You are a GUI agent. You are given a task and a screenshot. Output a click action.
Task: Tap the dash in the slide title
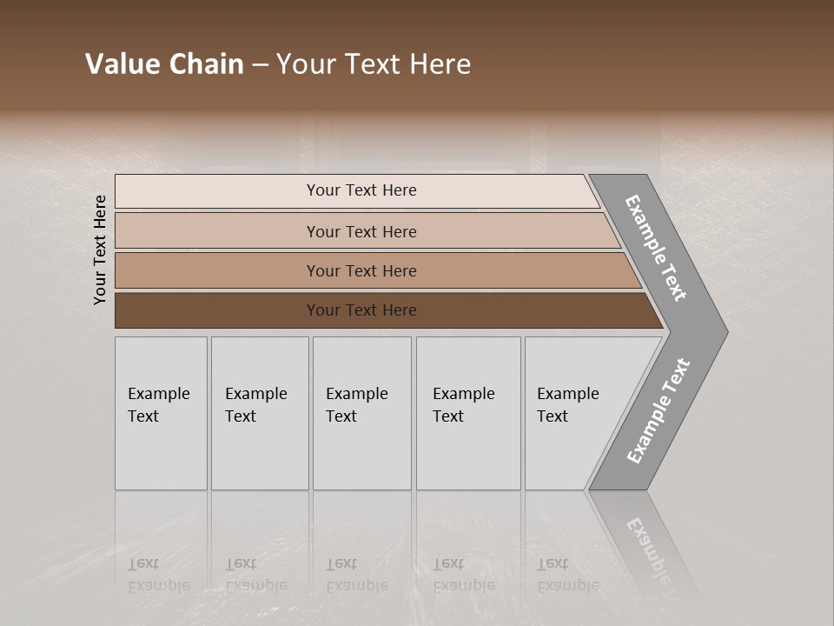[x=260, y=65]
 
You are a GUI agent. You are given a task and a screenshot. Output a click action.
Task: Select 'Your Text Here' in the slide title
[x=374, y=64]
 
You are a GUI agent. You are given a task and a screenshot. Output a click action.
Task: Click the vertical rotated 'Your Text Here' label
[x=100, y=250]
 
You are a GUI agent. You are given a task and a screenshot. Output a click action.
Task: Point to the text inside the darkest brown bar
[x=361, y=310]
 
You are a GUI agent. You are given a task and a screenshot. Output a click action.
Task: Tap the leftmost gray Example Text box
[x=161, y=413]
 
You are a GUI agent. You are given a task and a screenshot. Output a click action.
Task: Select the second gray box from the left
[x=260, y=413]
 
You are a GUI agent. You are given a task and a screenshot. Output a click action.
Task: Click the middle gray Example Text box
[x=361, y=413]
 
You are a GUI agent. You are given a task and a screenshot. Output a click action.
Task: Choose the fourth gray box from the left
[x=468, y=413]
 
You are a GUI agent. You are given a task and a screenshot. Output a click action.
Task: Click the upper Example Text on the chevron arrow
[x=656, y=248]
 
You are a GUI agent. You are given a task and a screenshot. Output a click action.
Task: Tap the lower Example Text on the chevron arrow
[x=659, y=411]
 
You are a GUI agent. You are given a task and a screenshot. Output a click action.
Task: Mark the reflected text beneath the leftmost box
[x=158, y=575]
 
